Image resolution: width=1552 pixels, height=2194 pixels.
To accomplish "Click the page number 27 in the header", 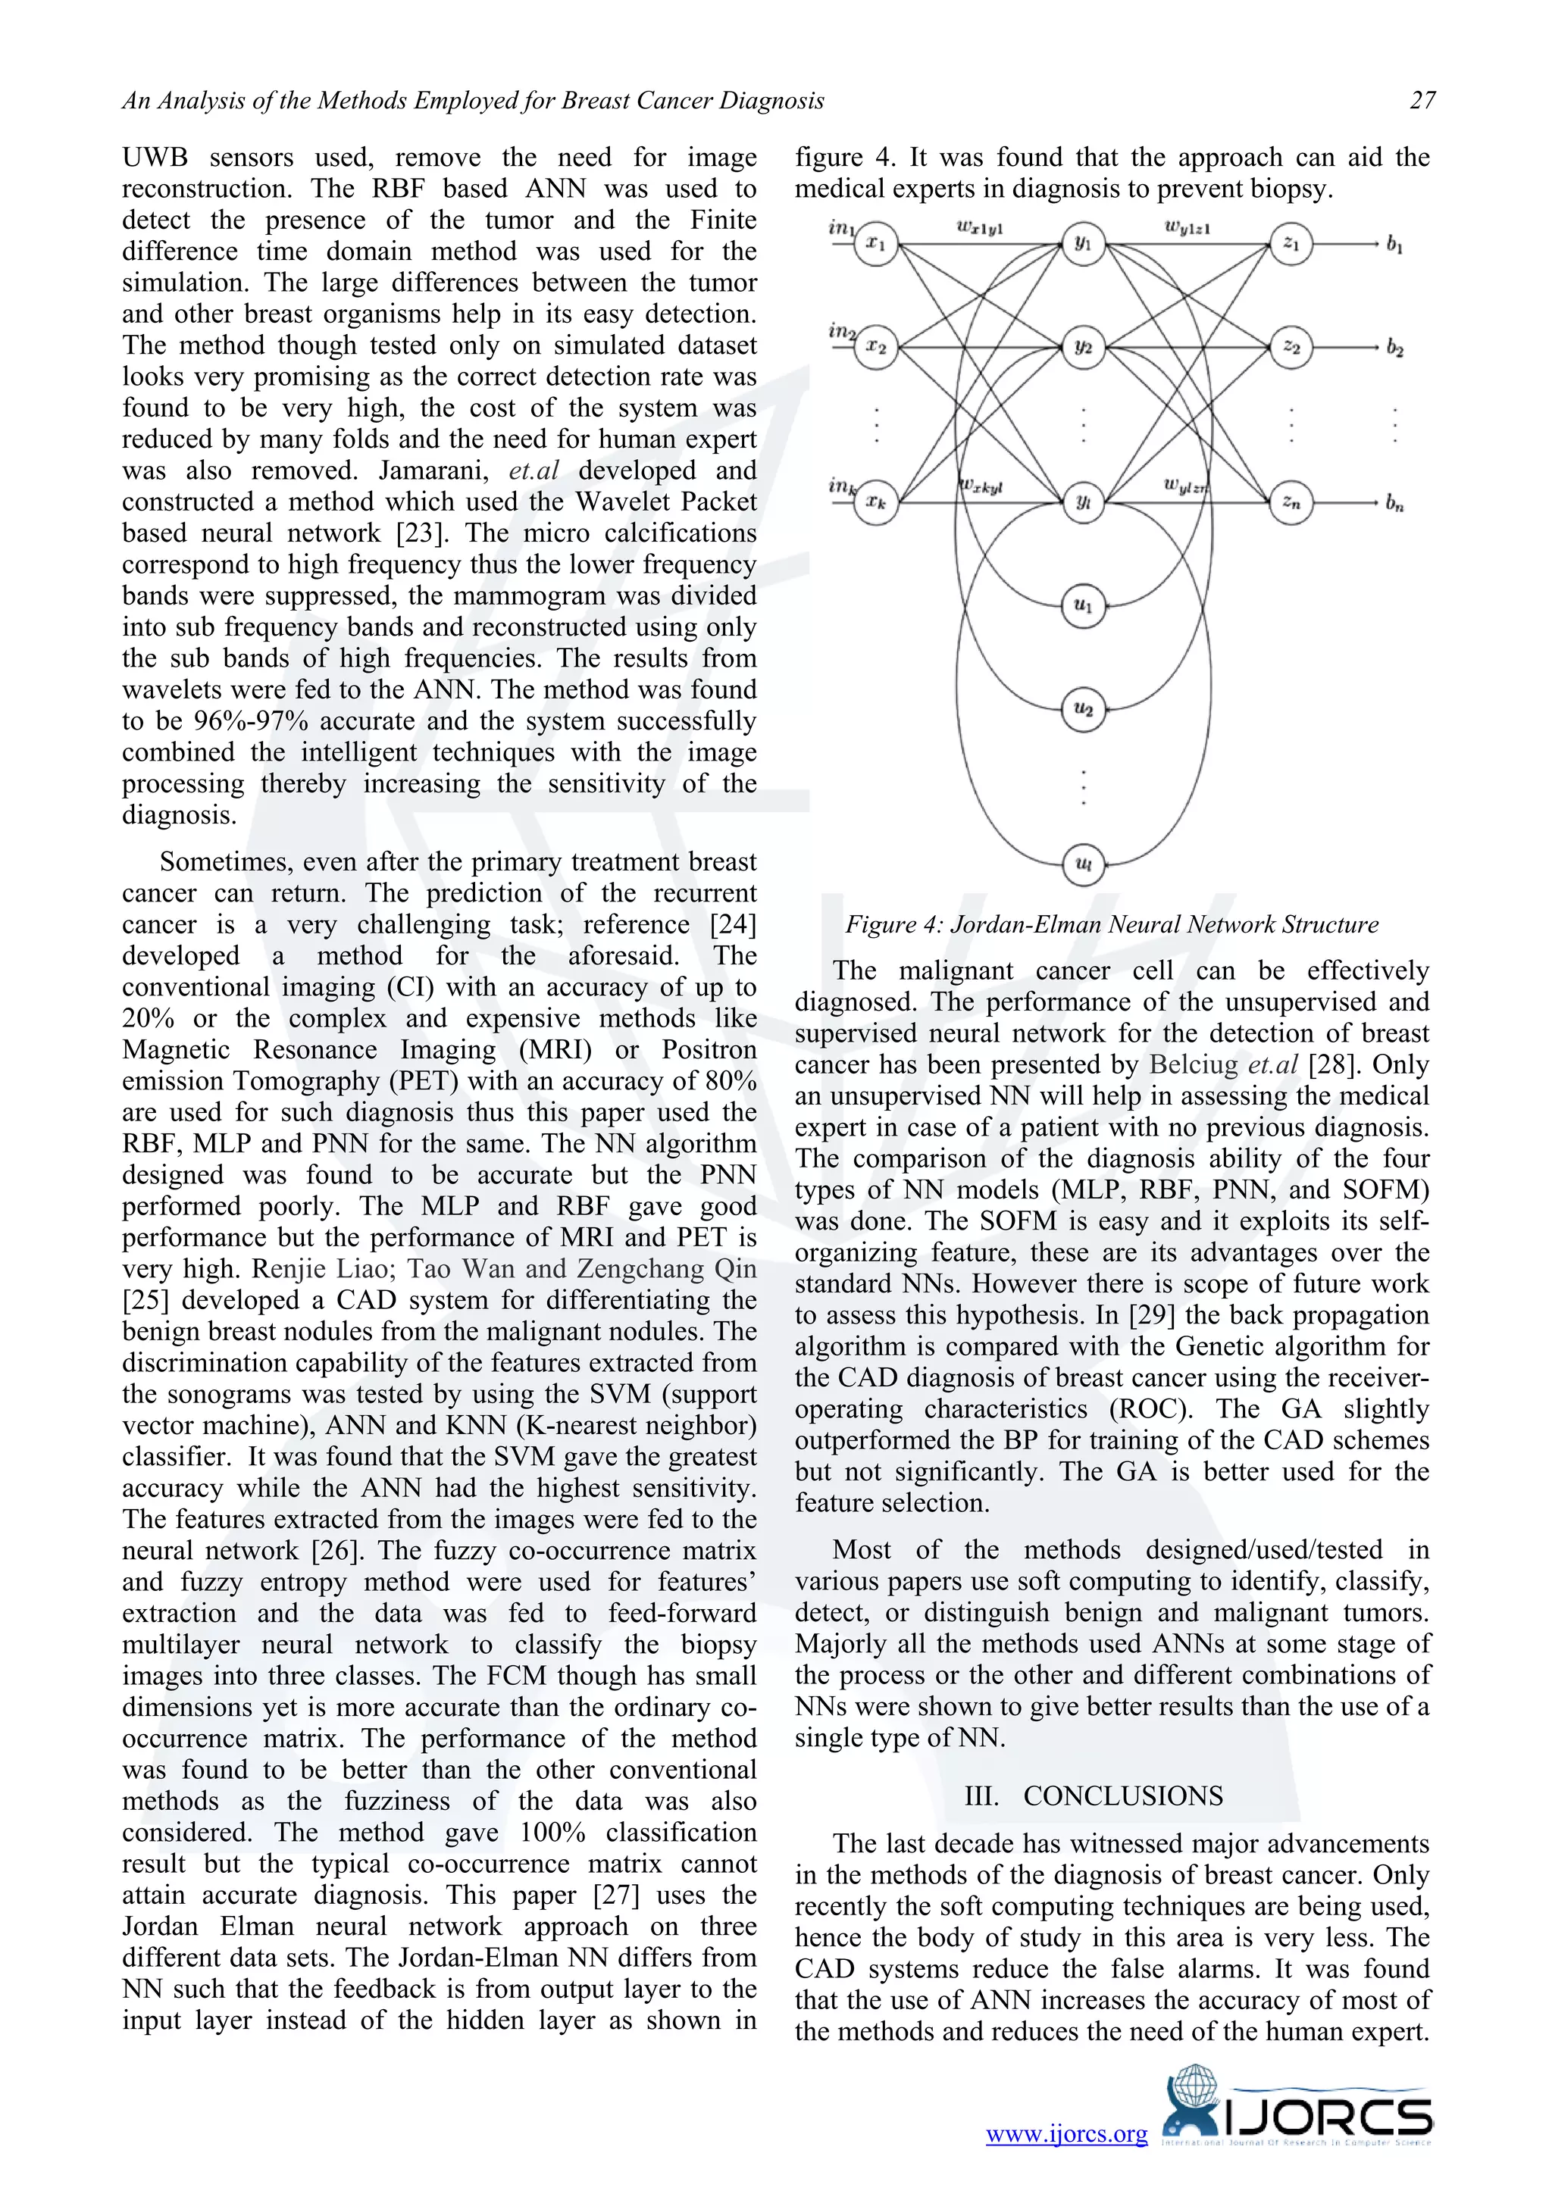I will [x=1422, y=100].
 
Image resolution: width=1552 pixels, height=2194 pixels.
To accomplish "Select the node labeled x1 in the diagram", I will [x=875, y=244].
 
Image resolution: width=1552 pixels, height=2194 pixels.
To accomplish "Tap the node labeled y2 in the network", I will [x=1083, y=347].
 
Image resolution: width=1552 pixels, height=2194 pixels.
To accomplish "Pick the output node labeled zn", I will [x=1291, y=502].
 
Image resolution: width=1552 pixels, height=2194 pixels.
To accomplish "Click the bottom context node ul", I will [x=1083, y=864].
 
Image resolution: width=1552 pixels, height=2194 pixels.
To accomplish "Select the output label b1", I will [x=1394, y=245].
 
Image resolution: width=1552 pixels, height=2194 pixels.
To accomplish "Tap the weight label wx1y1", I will [x=980, y=228].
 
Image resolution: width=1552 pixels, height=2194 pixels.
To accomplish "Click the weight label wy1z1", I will [x=1187, y=227].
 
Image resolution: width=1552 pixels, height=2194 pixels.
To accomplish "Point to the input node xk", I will [x=875, y=502].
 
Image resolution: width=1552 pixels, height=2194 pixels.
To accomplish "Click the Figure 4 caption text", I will [x=1112, y=924].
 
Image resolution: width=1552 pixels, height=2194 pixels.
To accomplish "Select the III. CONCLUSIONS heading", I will [x=1094, y=1796].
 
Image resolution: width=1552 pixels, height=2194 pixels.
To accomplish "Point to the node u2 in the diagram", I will [x=1083, y=709].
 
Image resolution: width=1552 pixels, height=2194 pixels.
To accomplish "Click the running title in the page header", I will [x=472, y=100].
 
